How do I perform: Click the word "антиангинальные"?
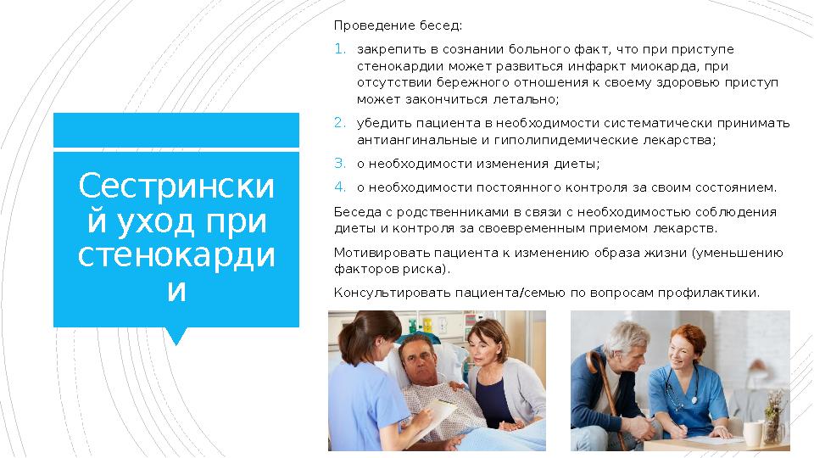coord(410,140)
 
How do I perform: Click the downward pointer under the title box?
coord(176,336)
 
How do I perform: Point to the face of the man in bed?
coord(420,361)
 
